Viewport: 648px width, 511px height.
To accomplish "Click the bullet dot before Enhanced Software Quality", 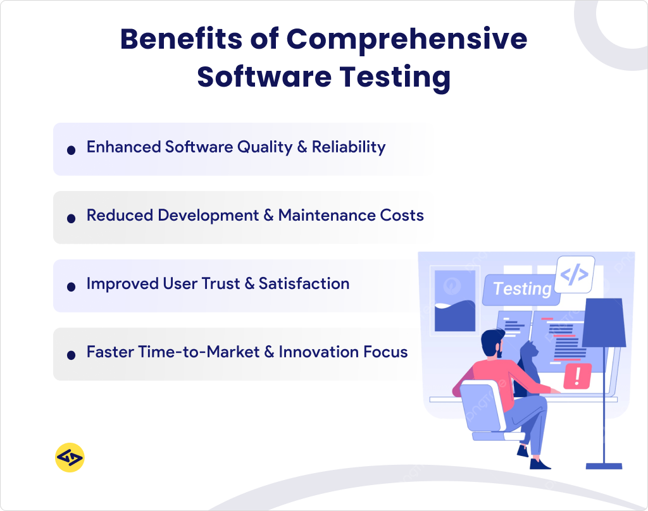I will tap(72, 149).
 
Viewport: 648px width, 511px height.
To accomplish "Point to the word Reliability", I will tap(349, 147).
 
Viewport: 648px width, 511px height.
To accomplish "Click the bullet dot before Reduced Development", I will tap(72, 218).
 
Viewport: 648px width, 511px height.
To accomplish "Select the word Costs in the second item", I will tap(402, 216).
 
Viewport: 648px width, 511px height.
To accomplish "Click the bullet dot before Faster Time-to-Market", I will tap(72, 354).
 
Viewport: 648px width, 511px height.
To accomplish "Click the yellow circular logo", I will tap(70, 457).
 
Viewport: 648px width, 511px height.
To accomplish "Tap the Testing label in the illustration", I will tap(521, 289).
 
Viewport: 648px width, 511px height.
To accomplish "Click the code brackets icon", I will tap(575, 274).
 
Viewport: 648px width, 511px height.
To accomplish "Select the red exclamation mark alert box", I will tap(577, 376).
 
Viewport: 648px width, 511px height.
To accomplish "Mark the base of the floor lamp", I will tap(604, 466).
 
